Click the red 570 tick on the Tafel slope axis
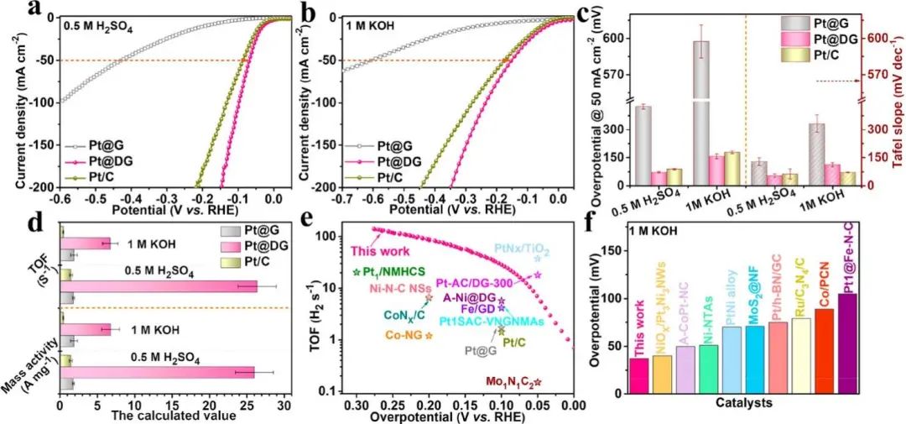coord(876,74)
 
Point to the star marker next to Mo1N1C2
coord(538,382)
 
